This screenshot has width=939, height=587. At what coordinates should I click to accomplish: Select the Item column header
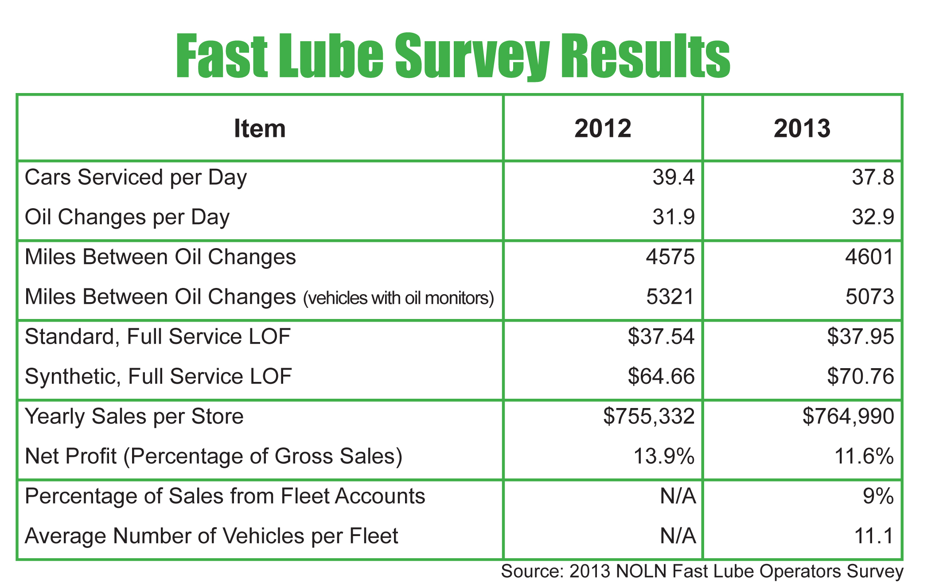260,128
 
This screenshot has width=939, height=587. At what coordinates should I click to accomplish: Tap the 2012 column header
603,128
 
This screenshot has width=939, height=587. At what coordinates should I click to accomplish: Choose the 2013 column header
802,128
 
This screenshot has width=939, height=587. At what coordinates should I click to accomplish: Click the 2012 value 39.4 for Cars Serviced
674,178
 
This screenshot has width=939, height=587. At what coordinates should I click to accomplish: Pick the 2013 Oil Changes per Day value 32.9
873,218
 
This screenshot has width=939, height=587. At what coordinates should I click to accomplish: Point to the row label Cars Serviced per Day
136,178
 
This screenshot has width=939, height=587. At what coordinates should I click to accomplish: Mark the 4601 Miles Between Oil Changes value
869,257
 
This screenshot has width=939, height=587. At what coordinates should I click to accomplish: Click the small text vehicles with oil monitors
398,298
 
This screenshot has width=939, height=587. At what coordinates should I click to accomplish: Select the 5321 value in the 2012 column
670,297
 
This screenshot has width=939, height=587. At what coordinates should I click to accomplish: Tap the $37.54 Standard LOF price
661,337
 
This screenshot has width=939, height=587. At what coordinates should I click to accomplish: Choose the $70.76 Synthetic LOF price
861,377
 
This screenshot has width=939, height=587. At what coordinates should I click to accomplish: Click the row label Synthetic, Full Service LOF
158,377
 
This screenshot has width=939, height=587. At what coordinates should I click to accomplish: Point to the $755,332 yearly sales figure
649,417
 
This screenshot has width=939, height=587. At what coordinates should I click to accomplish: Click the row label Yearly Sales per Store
134,417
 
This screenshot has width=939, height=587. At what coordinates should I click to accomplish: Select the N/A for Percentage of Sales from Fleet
678,497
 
